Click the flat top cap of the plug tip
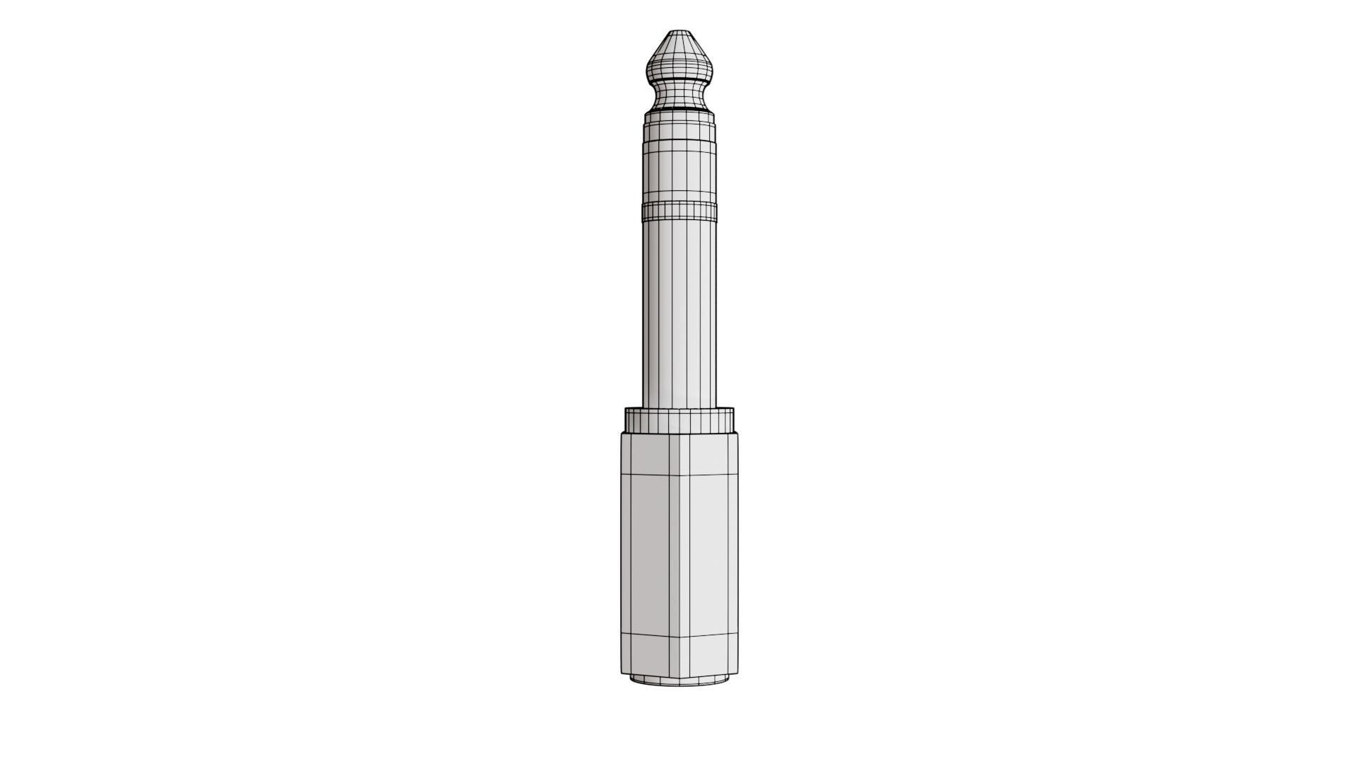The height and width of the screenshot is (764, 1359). [679, 33]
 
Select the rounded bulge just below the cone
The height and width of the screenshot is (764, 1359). [679, 68]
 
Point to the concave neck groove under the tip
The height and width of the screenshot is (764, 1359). [679, 92]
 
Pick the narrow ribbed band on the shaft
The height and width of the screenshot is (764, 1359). [679, 209]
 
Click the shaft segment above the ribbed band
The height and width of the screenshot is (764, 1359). [679, 173]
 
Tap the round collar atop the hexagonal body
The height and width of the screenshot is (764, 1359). [679, 420]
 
